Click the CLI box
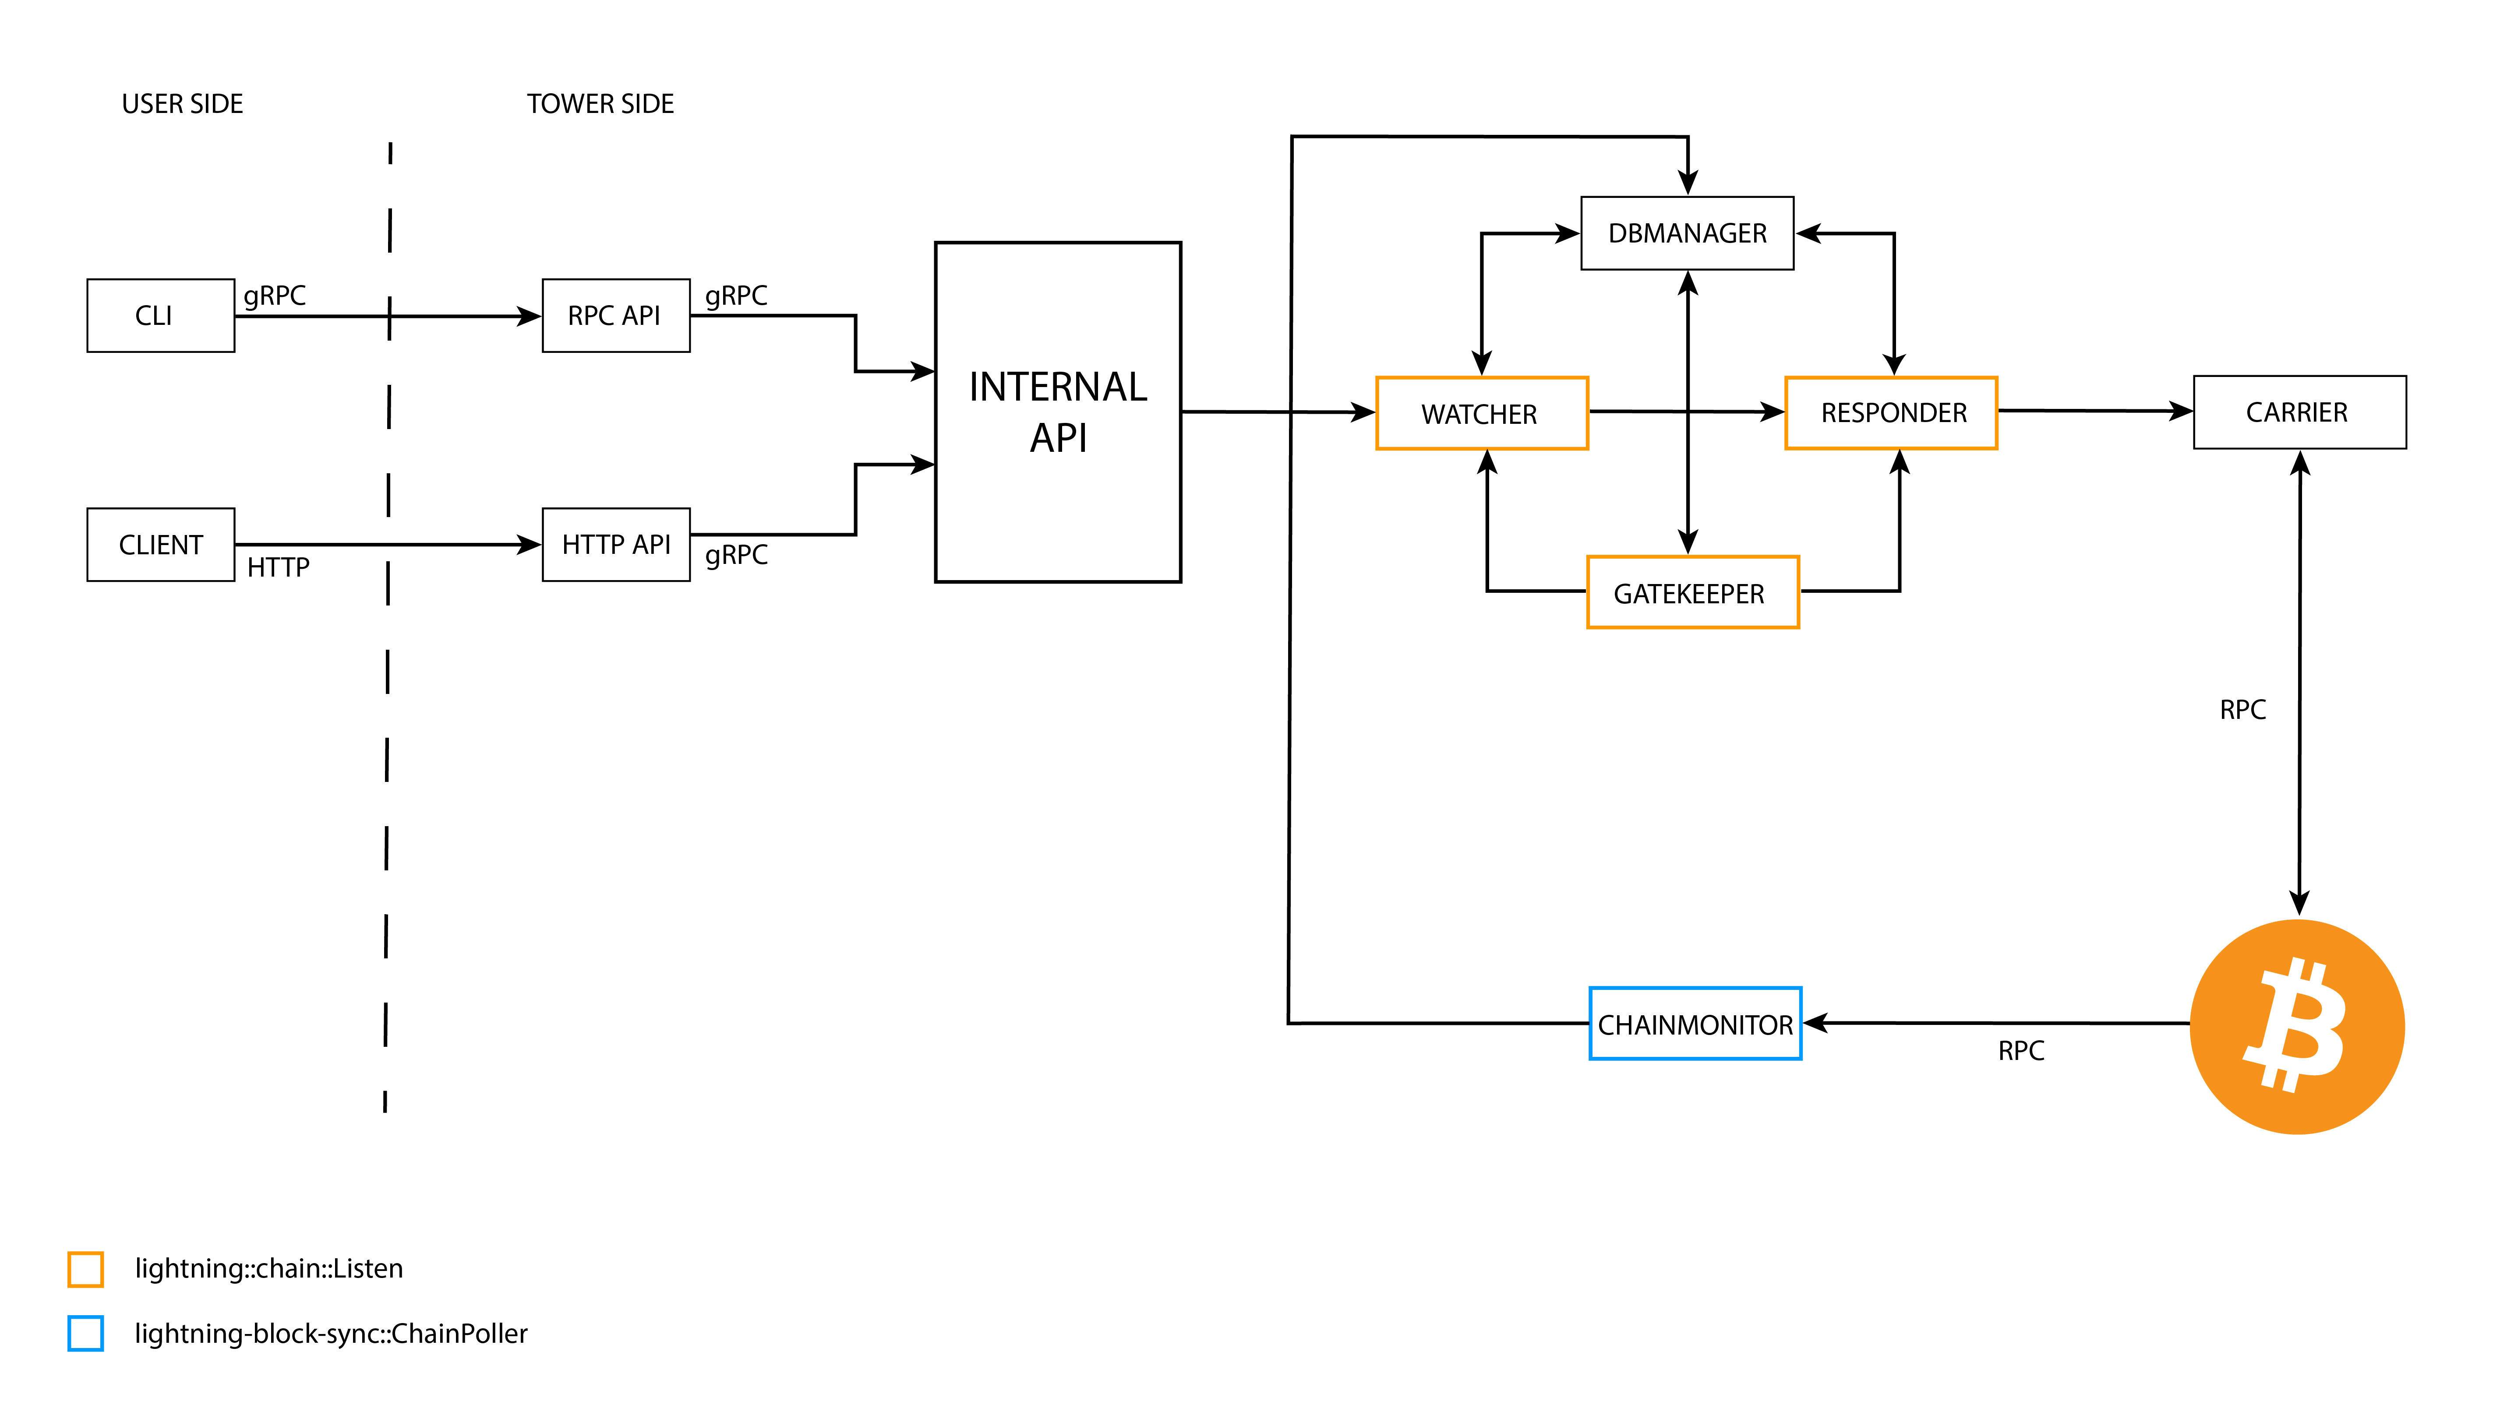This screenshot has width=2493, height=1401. pos(161,315)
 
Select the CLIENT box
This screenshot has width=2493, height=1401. pos(161,545)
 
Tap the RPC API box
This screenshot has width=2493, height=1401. pos(615,315)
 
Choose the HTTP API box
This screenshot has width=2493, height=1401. pos(615,545)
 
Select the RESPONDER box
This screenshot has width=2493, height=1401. pos(1891,413)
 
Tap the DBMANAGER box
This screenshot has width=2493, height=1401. pos(1687,233)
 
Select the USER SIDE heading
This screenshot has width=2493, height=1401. pos(182,103)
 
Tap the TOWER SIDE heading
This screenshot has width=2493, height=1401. pos(600,103)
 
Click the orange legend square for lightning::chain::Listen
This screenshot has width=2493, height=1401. pos(85,1268)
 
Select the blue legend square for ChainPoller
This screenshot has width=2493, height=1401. pos(85,1333)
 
